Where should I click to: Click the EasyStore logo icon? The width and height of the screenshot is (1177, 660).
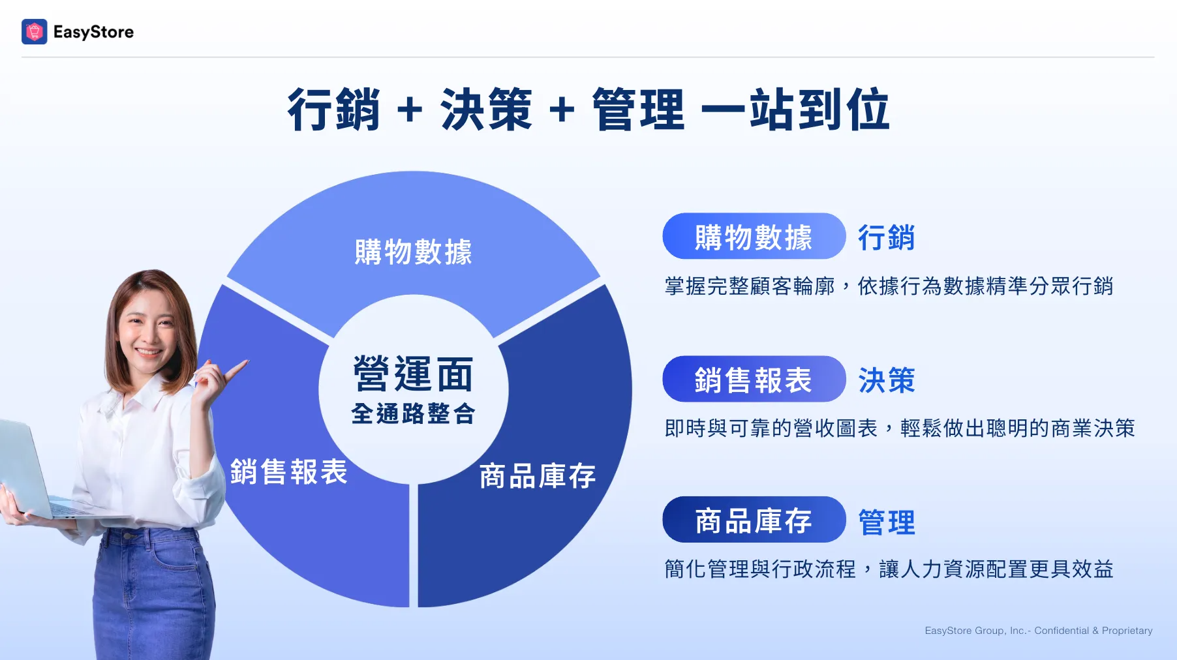tap(34, 31)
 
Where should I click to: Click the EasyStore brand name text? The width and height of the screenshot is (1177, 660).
tap(93, 32)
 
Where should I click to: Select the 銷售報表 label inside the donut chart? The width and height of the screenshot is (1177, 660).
tap(289, 472)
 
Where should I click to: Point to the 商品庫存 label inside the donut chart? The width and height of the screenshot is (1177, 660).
tap(538, 476)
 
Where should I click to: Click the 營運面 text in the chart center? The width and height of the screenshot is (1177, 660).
tap(413, 374)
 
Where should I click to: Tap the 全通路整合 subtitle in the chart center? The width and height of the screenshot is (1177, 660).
tap(413, 413)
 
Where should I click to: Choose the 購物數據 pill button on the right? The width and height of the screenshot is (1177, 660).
tap(754, 236)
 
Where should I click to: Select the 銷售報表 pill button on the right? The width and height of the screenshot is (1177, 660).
tap(754, 379)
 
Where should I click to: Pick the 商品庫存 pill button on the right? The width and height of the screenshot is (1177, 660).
tap(754, 520)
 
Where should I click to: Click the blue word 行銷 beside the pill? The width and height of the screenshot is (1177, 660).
tap(886, 237)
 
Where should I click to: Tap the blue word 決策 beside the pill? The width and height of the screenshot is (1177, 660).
tap(886, 380)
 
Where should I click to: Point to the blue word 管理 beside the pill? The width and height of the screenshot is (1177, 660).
tap(886, 522)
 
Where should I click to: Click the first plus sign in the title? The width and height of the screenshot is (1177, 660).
tap(410, 109)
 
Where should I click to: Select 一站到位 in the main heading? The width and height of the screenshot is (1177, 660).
tap(795, 110)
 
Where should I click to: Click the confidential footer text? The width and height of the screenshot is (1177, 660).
tap(1039, 631)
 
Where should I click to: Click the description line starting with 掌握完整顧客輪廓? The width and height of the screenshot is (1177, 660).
tap(889, 286)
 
